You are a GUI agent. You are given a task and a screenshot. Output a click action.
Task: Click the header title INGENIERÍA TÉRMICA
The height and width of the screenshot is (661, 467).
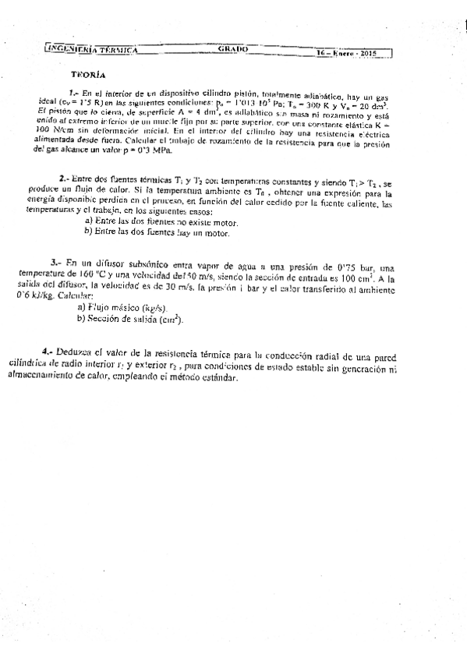[93, 49]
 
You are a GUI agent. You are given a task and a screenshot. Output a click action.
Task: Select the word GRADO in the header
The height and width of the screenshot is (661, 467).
[232, 49]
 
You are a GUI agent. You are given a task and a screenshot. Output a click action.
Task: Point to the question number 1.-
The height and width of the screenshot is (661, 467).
[75, 93]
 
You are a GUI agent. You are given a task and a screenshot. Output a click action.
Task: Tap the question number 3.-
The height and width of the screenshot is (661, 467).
[56, 262]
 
